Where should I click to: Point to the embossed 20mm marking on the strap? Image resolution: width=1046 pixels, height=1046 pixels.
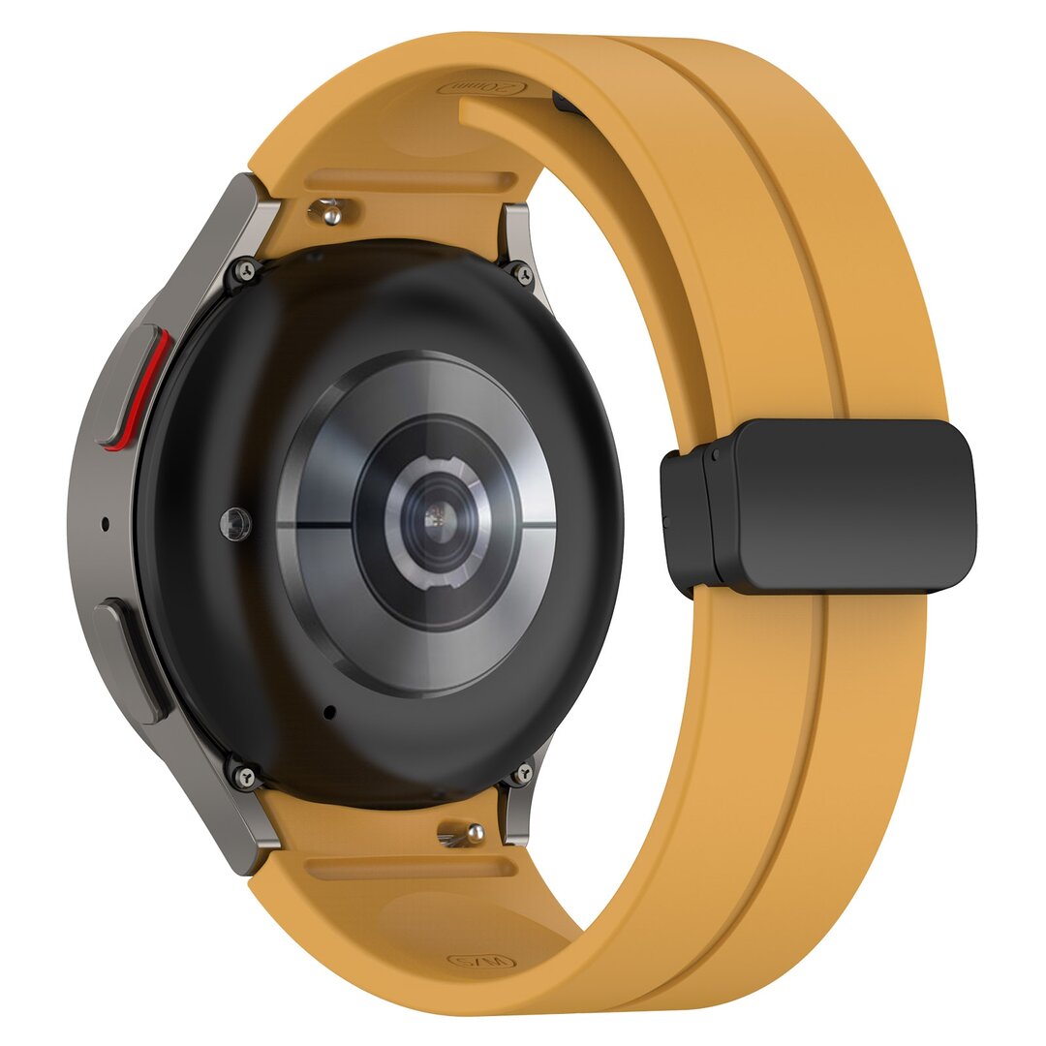point(483,88)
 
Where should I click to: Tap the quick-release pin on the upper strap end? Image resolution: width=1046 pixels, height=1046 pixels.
point(330,210)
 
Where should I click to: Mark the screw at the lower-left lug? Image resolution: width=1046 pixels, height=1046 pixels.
point(243,775)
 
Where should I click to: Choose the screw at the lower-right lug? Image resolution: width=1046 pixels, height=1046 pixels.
point(523,772)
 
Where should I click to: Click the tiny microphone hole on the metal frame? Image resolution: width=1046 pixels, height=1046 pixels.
point(105,525)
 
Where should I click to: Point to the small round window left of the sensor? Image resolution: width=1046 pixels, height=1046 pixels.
point(234,523)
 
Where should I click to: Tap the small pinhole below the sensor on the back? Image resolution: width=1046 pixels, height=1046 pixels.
point(329,712)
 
